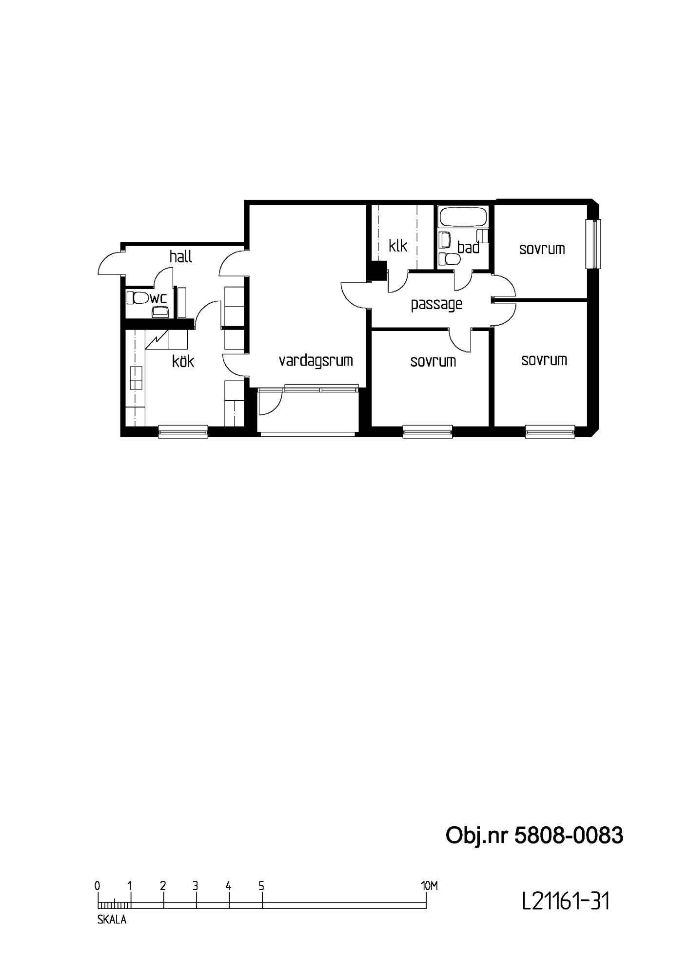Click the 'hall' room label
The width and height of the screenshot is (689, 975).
coord(180,256)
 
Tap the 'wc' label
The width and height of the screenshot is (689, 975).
coord(158,298)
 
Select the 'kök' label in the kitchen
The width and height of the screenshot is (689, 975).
coord(183,361)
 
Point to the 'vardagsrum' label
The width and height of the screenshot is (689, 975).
coord(315,361)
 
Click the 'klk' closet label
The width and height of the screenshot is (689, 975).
coord(398,245)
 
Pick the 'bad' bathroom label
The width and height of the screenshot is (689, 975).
coord(468,247)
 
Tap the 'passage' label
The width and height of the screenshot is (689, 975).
coord(436,305)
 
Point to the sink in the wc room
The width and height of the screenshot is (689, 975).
coord(160,311)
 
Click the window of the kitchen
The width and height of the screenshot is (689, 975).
coord(183,431)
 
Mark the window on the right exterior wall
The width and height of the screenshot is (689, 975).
coord(594,244)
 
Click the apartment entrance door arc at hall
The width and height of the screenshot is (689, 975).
coord(109,263)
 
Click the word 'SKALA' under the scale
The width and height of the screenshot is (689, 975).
coord(112,920)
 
